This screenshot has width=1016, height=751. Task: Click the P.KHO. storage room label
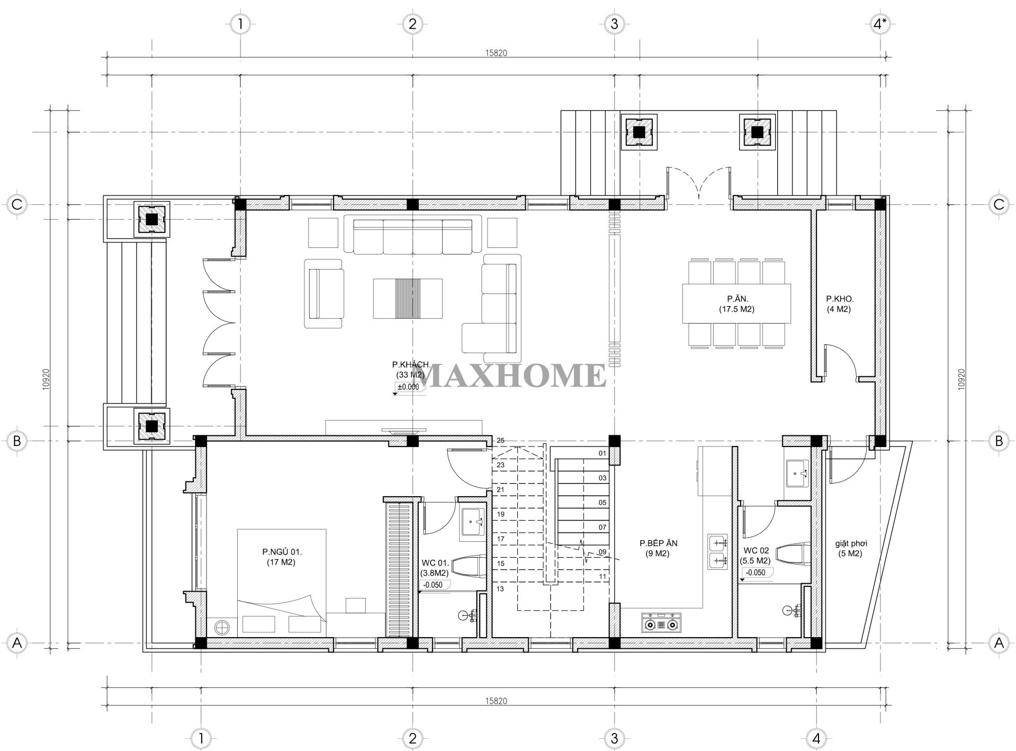(838, 303)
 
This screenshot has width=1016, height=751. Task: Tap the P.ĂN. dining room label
(736, 303)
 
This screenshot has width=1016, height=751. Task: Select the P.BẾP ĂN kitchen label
(658, 548)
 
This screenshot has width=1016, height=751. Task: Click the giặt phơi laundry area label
(851, 548)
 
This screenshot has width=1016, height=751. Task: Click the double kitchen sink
(717, 551)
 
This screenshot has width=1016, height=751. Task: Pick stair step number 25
(500, 441)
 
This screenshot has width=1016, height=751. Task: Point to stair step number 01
(602, 453)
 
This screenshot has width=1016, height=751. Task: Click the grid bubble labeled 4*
(879, 24)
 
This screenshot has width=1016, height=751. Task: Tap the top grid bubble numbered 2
(412, 24)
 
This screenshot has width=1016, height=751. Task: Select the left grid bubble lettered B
(16, 441)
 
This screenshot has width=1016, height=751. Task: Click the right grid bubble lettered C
(999, 204)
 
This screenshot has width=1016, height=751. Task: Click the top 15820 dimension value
(496, 53)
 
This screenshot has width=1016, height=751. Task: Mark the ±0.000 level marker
(408, 387)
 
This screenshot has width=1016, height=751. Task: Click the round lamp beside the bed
(221, 627)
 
